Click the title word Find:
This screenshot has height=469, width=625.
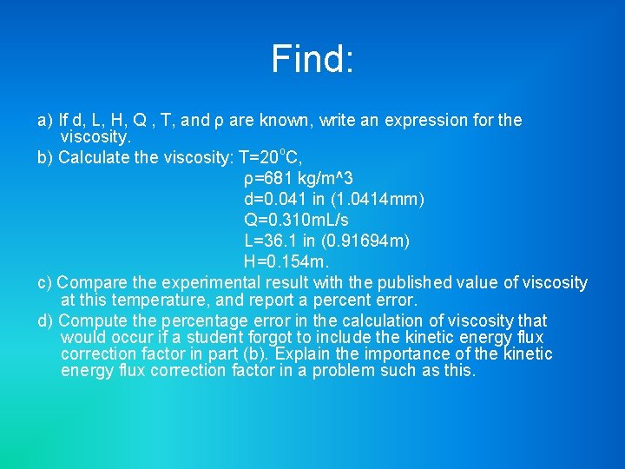312,59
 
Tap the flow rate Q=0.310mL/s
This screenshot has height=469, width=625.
296,221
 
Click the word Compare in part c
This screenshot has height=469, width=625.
91,283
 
